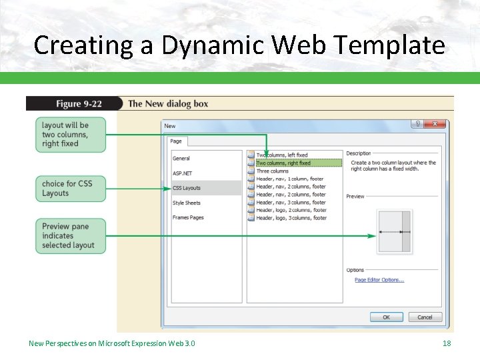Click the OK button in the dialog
(x=386, y=317)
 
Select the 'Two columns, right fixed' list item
(x=283, y=163)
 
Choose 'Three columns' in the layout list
(x=273, y=171)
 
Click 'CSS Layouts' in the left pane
(x=187, y=188)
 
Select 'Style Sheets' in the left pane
(x=187, y=203)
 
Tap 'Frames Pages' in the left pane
(x=188, y=217)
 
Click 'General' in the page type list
(x=181, y=159)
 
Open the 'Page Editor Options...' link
(x=379, y=280)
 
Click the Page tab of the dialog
(x=176, y=141)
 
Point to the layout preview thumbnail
(x=394, y=232)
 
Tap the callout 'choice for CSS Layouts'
(x=70, y=189)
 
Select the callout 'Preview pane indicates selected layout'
(x=70, y=236)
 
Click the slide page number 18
(x=447, y=343)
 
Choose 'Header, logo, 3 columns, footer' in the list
(x=291, y=218)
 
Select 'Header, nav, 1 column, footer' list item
(x=290, y=179)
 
